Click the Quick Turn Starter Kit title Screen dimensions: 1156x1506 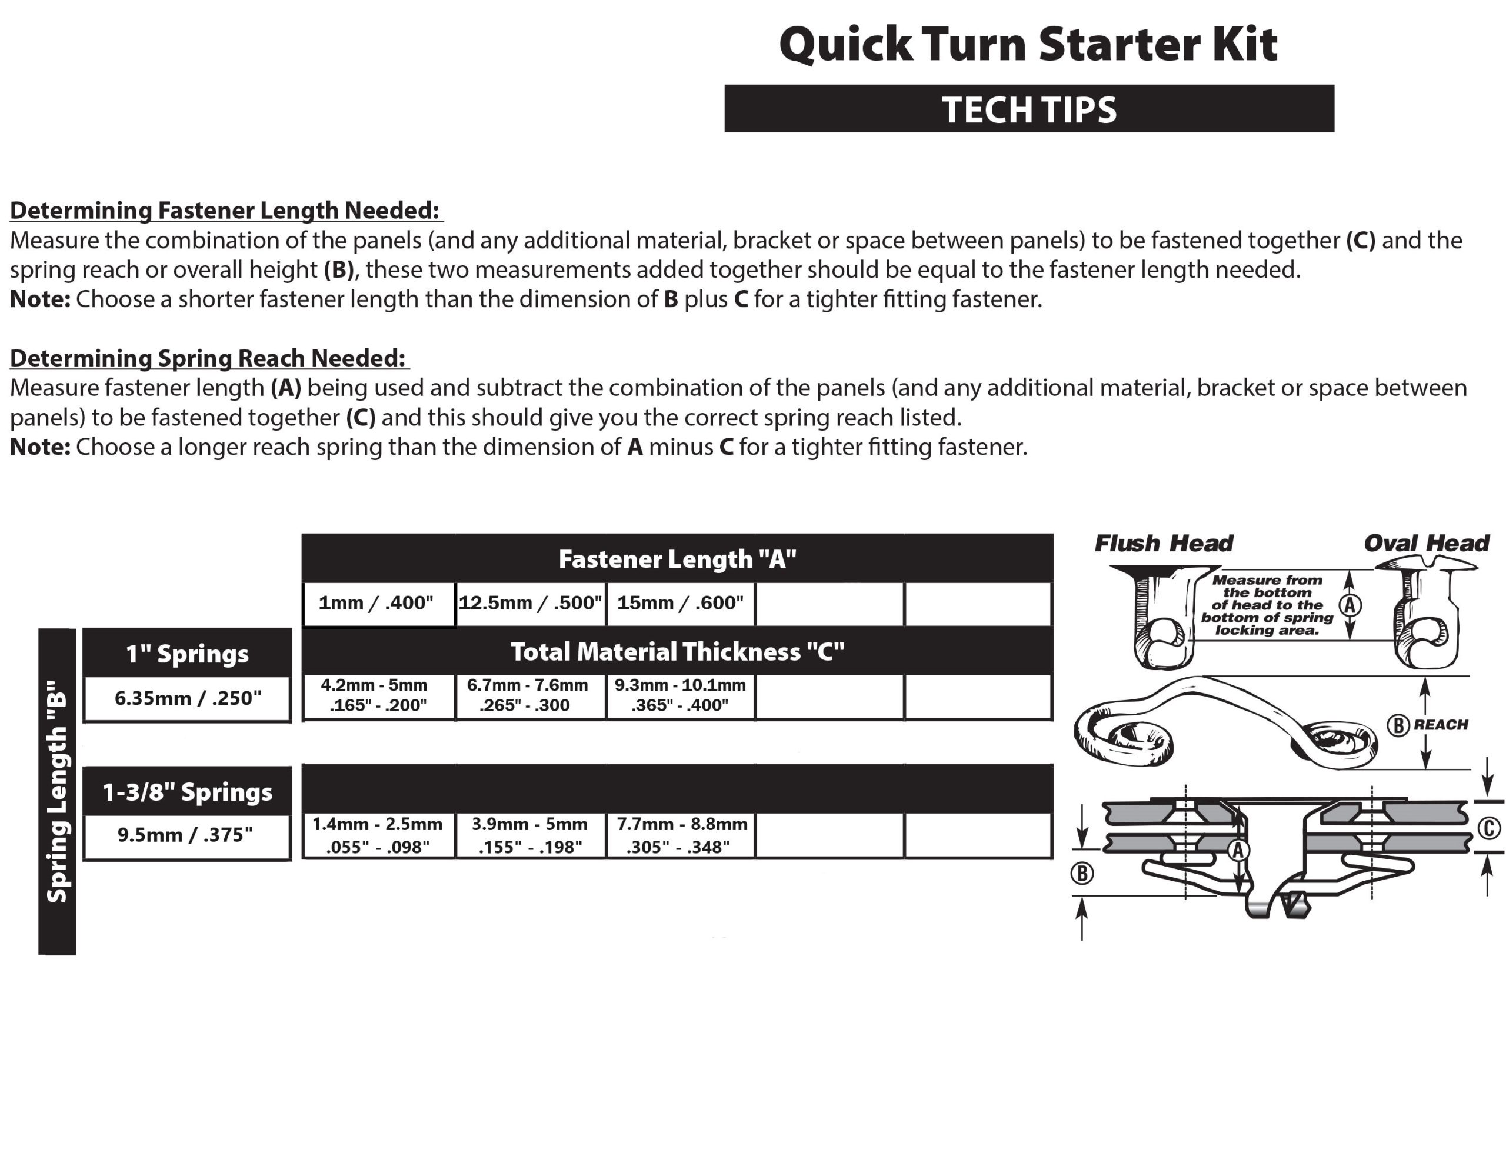(x=1028, y=45)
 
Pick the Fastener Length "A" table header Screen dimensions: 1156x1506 (x=677, y=559)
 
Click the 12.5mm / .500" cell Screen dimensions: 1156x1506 (x=530, y=604)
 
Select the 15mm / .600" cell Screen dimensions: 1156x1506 (x=679, y=604)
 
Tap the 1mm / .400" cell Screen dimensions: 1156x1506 (x=376, y=604)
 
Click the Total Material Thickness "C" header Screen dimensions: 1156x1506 (x=677, y=652)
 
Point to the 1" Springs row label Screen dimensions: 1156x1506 (x=187, y=654)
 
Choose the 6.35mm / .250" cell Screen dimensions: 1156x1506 (x=187, y=698)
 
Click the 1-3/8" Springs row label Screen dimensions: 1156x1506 (x=187, y=792)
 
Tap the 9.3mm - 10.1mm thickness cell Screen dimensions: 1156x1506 (x=679, y=695)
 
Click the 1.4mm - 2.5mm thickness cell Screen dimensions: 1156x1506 (x=378, y=835)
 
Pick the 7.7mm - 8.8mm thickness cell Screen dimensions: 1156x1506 (x=679, y=835)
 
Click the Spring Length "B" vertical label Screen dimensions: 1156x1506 (x=57, y=791)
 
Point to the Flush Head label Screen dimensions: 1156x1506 (x=1164, y=544)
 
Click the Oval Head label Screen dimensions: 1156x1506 (x=1426, y=544)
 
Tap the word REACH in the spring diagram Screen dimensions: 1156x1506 (x=1441, y=725)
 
